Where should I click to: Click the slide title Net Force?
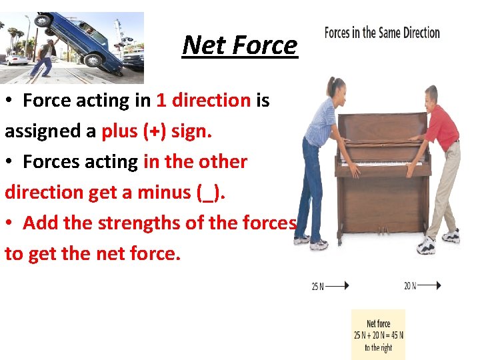[239, 45]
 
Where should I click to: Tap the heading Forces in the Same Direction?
[382, 33]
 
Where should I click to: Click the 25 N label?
[317, 287]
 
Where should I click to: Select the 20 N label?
[409, 286]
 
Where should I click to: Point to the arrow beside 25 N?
[337, 286]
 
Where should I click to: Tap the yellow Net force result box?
[378, 335]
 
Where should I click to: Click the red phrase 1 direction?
[203, 101]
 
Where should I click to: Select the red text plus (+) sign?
[157, 131]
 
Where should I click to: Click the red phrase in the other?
[195, 162]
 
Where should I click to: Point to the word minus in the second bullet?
[162, 193]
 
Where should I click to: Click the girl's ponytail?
[330, 88]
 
